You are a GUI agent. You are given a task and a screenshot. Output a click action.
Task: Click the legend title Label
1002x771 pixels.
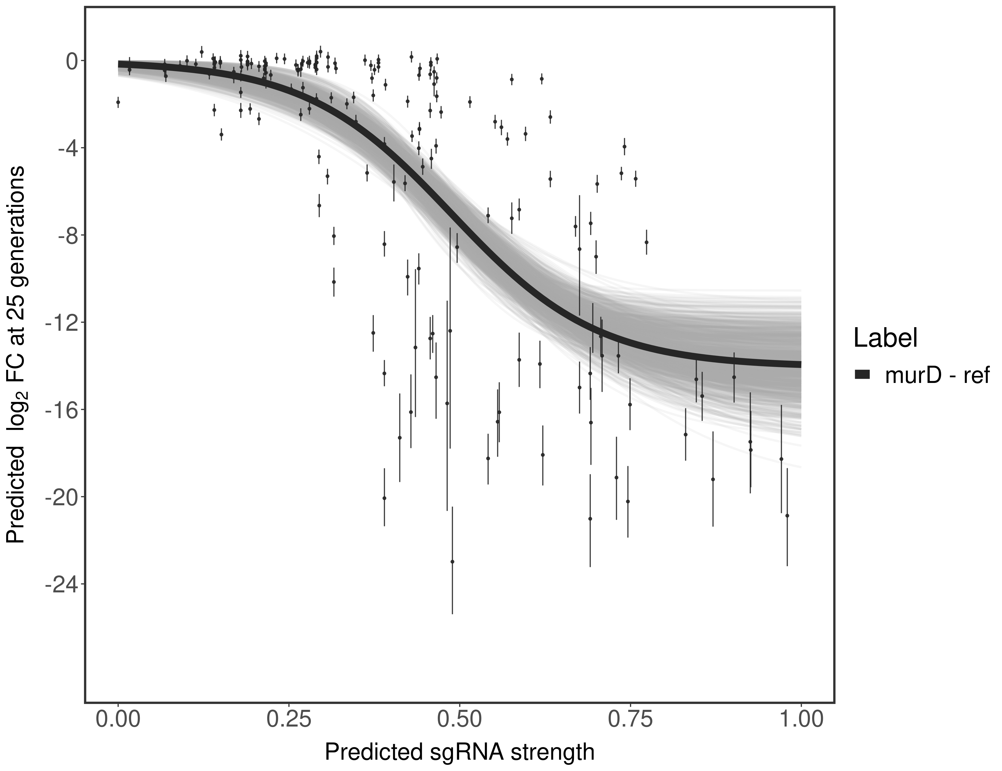(885, 339)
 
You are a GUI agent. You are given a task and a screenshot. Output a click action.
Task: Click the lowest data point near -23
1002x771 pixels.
(452, 561)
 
